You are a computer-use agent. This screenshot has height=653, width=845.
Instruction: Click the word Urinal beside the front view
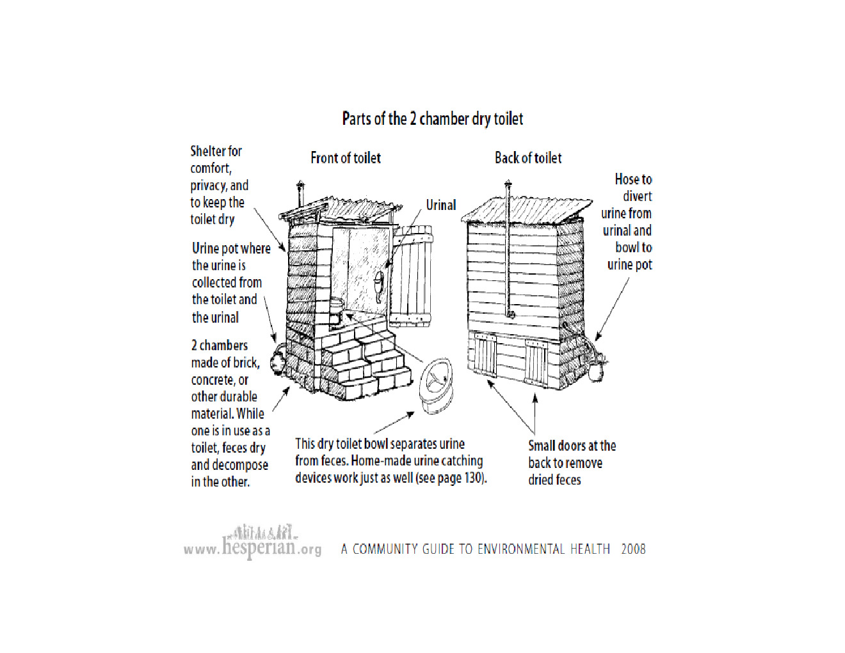coord(441,206)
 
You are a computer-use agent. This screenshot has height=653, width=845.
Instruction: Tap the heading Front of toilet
coord(346,158)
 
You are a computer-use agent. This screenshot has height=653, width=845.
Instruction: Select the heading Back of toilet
coord(528,158)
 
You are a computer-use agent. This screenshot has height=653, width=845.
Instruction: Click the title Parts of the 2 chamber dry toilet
coord(433,119)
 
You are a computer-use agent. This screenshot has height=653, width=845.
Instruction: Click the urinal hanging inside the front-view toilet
coord(380,284)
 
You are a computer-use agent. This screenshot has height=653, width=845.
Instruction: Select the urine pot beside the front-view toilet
coord(278,360)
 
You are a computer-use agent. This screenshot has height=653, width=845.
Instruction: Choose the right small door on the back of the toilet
coord(536,363)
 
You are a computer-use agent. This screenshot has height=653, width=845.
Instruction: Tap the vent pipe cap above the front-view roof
coord(300,187)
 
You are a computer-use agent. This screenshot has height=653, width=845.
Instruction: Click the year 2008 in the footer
coord(633,549)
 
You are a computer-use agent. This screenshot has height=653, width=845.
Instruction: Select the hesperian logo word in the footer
coord(259,546)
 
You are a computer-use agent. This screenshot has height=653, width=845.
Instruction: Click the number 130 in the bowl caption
coord(474,478)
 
